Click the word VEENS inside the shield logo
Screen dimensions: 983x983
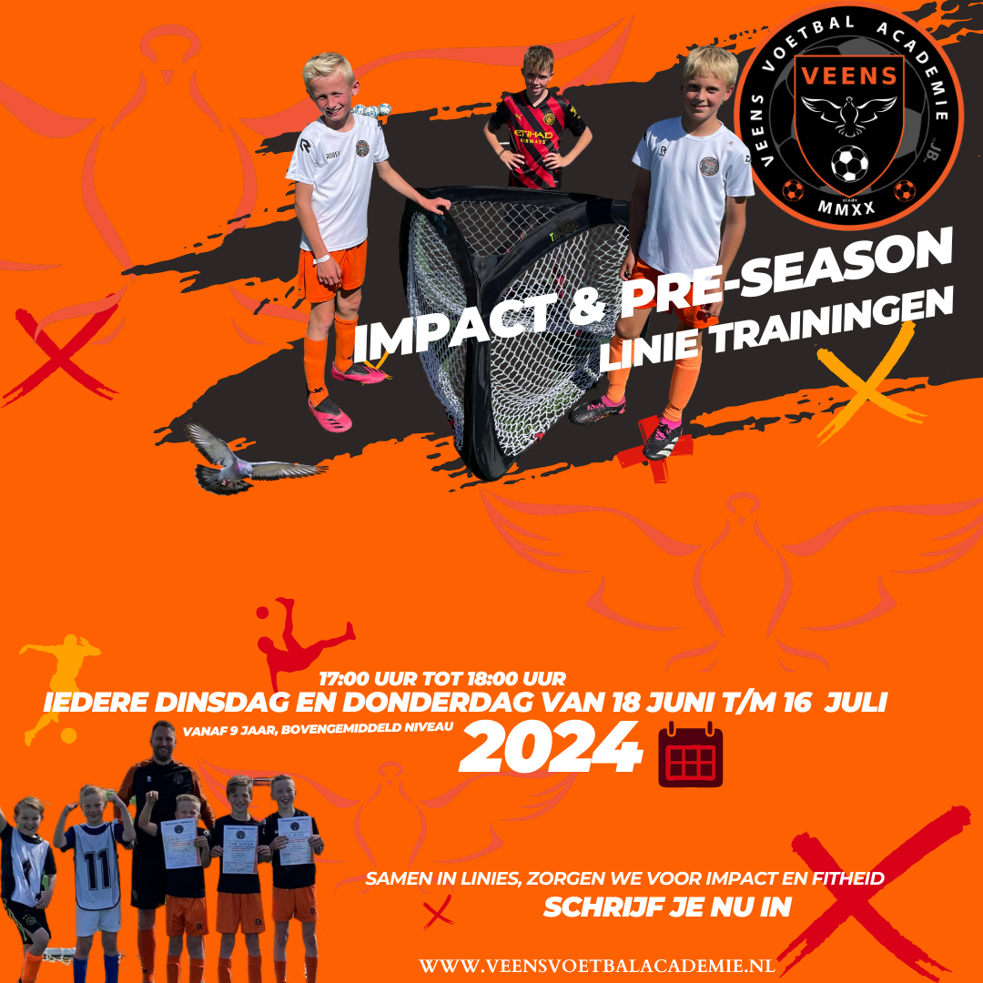tap(849, 76)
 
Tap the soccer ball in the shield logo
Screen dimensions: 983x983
tap(849, 164)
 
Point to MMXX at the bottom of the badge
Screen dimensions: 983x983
tap(846, 208)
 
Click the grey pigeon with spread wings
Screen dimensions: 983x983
tap(248, 458)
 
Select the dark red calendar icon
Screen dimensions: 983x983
tap(690, 754)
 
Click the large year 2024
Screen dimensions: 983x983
tap(551, 747)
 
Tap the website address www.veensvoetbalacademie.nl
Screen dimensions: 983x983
tap(597, 966)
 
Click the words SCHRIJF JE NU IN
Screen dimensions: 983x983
tap(667, 907)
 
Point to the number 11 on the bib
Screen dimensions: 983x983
tap(97, 869)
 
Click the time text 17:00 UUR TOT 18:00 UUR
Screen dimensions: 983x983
tap(442, 678)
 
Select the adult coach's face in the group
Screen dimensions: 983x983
tap(164, 742)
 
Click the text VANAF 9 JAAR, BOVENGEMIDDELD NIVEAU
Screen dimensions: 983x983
tap(318, 728)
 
